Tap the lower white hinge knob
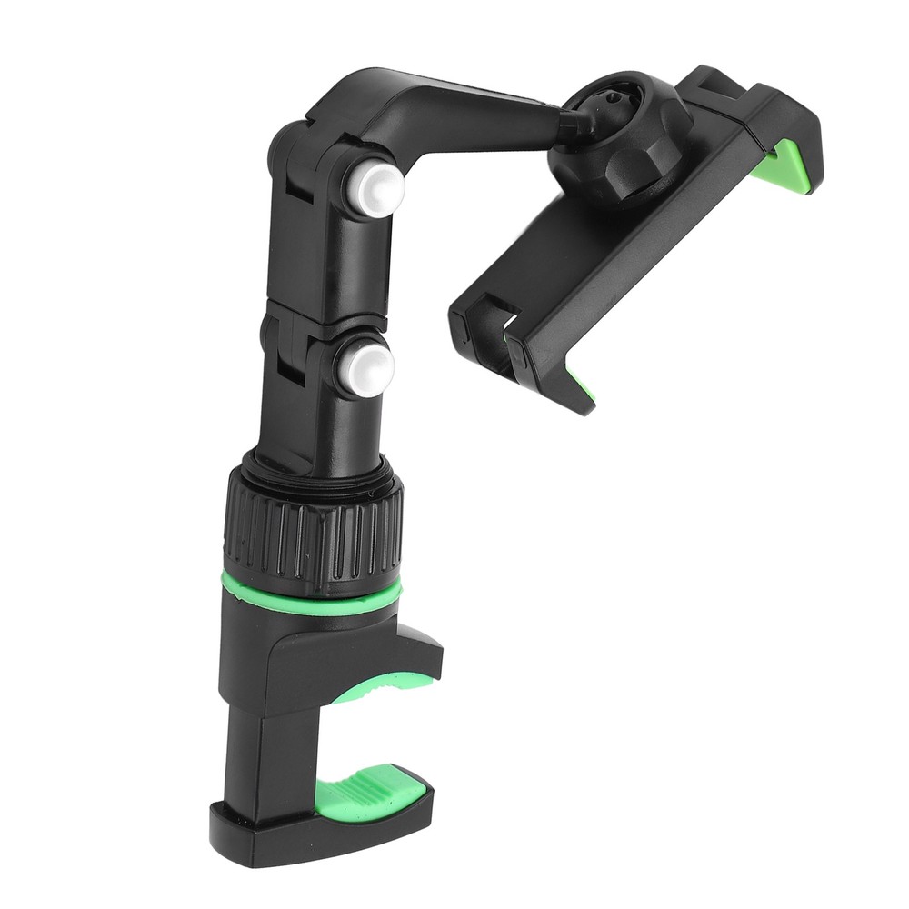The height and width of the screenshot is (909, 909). [367, 368]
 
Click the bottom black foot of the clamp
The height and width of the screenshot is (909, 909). [309, 827]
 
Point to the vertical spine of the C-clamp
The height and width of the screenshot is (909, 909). [255, 745]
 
